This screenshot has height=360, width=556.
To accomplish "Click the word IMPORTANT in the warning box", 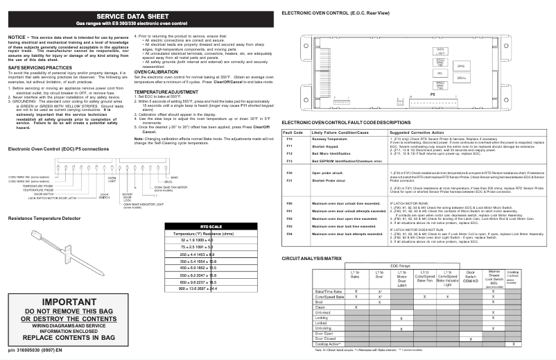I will coord(63,303).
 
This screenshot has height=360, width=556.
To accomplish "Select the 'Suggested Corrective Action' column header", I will coord(417,132).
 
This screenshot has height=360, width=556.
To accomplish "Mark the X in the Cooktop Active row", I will coord(513,344).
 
